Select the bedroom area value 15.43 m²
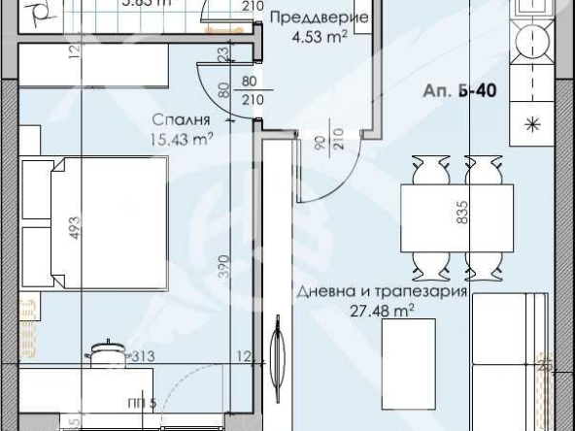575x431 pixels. coord(181,139)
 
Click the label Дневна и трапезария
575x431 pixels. coord(383,290)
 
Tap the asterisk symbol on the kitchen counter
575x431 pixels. coord(532,122)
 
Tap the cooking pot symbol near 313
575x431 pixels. coord(104,355)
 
